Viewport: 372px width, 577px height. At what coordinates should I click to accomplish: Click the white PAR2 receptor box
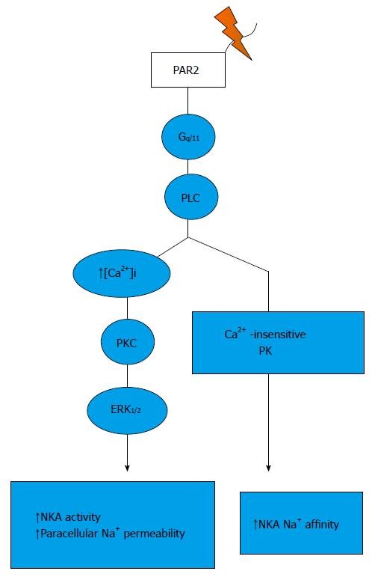188,70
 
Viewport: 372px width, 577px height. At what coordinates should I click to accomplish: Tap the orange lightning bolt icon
234,33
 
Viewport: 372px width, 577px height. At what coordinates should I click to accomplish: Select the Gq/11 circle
188,137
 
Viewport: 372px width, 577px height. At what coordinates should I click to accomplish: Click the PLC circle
191,198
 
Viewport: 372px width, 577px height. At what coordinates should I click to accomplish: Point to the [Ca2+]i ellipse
122,273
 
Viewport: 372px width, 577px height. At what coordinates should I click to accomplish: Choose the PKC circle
128,343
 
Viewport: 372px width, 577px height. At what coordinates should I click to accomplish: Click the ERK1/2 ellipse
127,410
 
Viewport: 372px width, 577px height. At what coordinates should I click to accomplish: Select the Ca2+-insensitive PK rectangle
278,343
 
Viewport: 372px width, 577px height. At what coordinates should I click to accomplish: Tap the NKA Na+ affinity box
301,523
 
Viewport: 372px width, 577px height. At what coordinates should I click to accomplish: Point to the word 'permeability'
154,534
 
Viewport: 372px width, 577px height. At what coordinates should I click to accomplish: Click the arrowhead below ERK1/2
127,468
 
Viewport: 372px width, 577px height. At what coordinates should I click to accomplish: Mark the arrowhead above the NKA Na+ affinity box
268,468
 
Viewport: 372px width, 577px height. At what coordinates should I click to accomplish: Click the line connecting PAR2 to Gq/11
188,101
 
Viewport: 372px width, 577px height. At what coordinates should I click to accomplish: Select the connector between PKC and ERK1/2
128,376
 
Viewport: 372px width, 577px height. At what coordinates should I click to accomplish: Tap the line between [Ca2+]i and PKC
127,308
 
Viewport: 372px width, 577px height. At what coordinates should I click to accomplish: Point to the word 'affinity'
322,524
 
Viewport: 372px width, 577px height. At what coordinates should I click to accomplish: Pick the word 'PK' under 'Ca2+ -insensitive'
265,351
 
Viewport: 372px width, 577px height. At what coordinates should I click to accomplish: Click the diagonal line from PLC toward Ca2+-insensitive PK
229,254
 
